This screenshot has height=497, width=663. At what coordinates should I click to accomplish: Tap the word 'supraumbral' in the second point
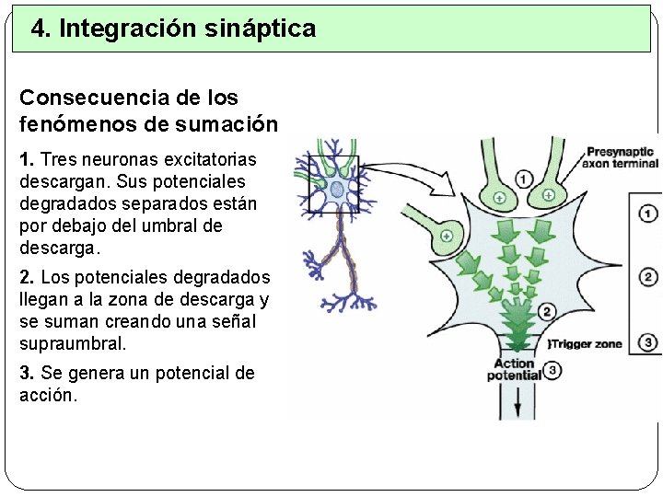pyautogui.click(x=73, y=343)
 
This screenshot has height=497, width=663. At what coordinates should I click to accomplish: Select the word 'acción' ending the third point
pyautogui.click(x=49, y=396)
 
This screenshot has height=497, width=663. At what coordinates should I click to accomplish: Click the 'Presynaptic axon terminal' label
pyautogui.click(x=620, y=157)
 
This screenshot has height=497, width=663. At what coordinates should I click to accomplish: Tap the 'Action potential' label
pyautogui.click(x=514, y=370)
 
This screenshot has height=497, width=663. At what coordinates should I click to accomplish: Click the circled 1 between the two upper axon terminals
pyautogui.click(x=524, y=179)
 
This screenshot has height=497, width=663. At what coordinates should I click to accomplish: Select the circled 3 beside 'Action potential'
pyautogui.click(x=552, y=371)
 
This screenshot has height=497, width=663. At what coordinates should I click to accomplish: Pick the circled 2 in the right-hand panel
pyautogui.click(x=648, y=278)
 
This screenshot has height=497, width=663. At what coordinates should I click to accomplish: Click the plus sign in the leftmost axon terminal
pyautogui.click(x=447, y=236)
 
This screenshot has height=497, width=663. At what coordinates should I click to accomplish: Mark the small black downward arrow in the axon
pyautogui.click(x=517, y=399)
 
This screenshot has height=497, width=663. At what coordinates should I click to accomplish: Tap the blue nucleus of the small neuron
pyautogui.click(x=337, y=189)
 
